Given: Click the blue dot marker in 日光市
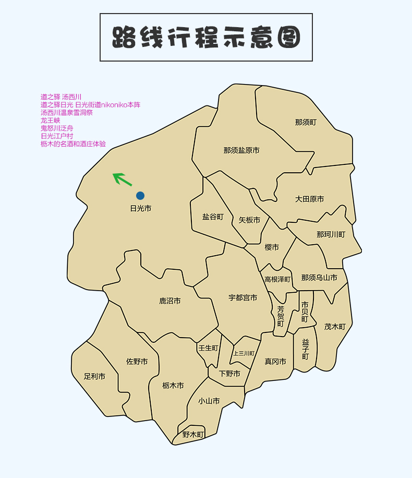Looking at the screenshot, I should pos(140,196).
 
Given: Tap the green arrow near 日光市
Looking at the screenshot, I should pos(123,179).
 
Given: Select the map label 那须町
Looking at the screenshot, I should pos(306,122).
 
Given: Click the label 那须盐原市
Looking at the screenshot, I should pos(241,150).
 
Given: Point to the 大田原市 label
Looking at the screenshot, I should pos(309,199).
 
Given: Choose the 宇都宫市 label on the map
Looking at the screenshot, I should pos(243,297).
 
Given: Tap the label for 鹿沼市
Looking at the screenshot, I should pos(170,301).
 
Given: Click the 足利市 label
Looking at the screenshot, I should pos(94,376).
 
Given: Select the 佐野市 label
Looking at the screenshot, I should pos(137,361).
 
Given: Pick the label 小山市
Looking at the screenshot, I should pos(209,401).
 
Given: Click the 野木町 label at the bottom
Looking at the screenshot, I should pos(193,434).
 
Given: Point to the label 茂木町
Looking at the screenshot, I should pos(335,327).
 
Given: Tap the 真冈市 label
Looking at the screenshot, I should pos(275,361).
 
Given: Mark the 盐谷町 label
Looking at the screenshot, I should pos(213,217).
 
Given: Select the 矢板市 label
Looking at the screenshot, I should pos(249,220).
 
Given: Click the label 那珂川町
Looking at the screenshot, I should pos(331,234).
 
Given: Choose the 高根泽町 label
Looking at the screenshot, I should pos(277,280).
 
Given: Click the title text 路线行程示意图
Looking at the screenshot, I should pos(206,38).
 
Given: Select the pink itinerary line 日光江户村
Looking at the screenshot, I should pos(57,136).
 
